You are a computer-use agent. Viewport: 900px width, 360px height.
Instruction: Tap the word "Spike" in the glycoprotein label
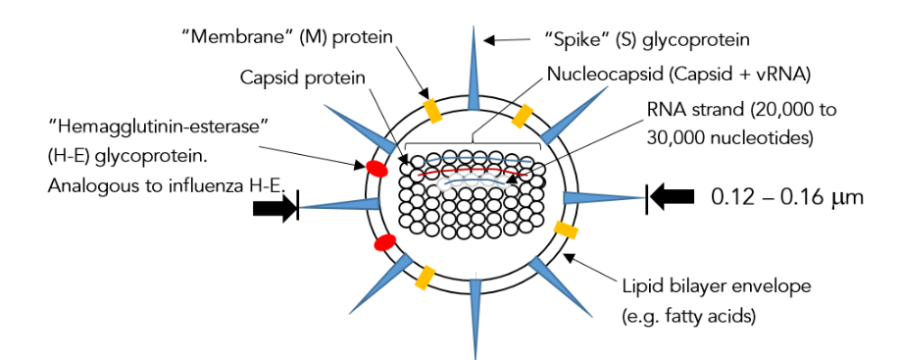(574, 40)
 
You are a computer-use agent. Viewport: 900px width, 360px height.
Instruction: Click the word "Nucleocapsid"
(600, 75)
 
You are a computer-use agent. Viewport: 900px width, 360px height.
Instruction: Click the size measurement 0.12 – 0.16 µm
(786, 197)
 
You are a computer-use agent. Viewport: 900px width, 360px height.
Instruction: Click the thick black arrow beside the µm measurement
(673, 197)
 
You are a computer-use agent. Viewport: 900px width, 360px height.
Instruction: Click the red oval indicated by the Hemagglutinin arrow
(375, 168)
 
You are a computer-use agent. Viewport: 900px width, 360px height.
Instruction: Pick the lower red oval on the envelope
(385, 241)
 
